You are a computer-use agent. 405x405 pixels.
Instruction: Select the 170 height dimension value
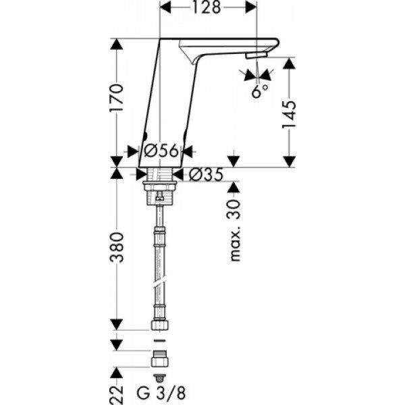coord(117,98)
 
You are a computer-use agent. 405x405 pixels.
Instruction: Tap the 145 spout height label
coord(288,115)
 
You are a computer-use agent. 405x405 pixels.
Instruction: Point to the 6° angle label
coord(260,91)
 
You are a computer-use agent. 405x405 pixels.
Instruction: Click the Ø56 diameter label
coord(161,151)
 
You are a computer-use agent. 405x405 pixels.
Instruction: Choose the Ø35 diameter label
coord(206,175)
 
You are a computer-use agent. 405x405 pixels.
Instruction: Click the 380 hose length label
coord(117,248)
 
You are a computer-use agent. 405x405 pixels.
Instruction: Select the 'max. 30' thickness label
coord(234,230)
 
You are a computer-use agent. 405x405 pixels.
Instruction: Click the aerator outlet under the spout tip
coord(256,55)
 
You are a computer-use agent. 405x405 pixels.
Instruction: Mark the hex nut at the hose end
coord(159,325)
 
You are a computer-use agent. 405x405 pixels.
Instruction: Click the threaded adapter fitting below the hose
coord(159,358)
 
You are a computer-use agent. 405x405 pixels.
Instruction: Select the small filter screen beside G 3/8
coord(159,377)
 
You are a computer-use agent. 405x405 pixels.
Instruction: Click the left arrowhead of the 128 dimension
coord(165,7)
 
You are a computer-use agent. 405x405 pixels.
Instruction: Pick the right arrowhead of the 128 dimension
coord(251,7)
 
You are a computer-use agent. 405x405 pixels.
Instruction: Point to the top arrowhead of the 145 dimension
coord(289,63)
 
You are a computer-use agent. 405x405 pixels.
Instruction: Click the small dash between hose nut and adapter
coord(159,341)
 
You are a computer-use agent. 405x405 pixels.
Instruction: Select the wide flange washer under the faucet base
coord(160,184)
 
